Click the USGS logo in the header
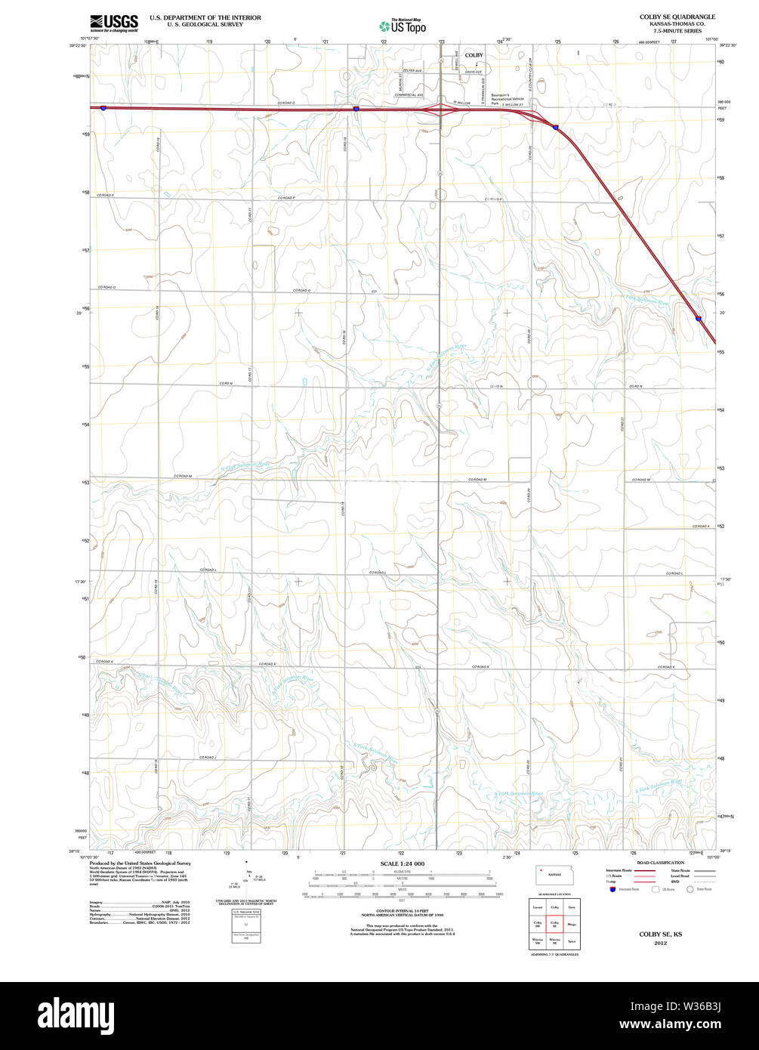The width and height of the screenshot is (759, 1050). point(113,23)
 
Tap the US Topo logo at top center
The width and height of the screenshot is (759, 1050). point(403,26)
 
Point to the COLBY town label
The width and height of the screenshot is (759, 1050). point(474,55)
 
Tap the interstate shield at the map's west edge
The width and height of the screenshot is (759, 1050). point(103,108)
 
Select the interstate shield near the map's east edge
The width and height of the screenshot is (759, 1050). point(699,319)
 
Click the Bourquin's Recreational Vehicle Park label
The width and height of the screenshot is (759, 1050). point(508,99)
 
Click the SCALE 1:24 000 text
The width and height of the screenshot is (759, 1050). point(403,863)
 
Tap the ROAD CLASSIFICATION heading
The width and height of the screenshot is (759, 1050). point(660,863)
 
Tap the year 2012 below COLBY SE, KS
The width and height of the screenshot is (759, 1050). point(661,943)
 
